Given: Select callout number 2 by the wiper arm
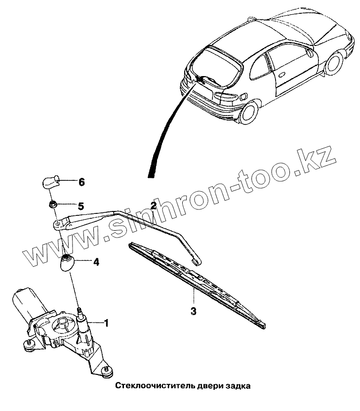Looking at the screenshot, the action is click(x=154, y=205).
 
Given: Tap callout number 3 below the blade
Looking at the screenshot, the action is click(x=194, y=311).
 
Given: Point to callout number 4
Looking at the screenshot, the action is click(x=96, y=262).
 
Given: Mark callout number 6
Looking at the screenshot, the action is click(x=81, y=182).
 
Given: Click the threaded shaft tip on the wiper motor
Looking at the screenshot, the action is click(x=80, y=312).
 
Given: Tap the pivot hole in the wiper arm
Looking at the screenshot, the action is click(x=58, y=224).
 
